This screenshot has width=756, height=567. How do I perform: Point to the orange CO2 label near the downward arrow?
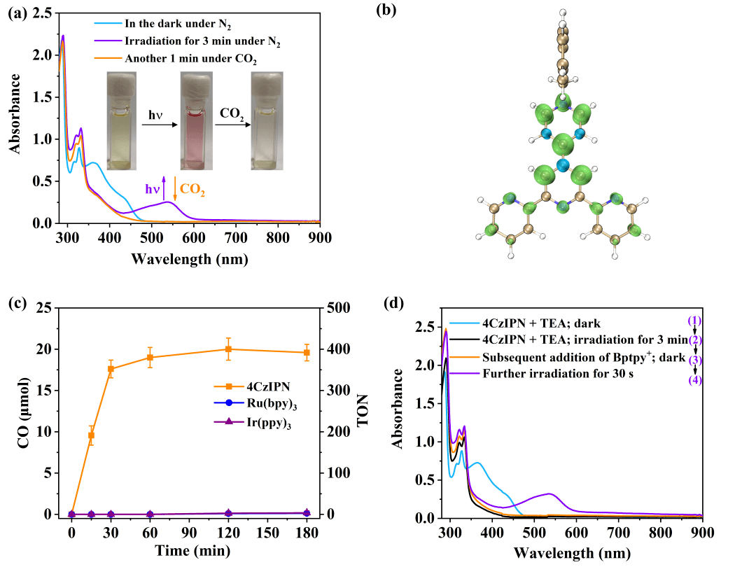[192, 188]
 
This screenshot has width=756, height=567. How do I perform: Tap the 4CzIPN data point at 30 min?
[111, 369]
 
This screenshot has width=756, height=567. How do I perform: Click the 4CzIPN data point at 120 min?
[228, 349]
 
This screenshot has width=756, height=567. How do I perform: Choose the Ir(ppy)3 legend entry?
[260, 422]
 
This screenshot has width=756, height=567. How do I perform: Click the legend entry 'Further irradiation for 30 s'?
[549, 374]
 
